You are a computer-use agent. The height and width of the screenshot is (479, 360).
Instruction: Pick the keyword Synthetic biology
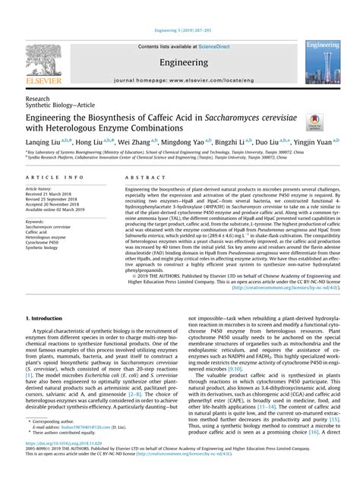point(44,247)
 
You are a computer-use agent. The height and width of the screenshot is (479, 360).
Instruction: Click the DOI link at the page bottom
point(70,463)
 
